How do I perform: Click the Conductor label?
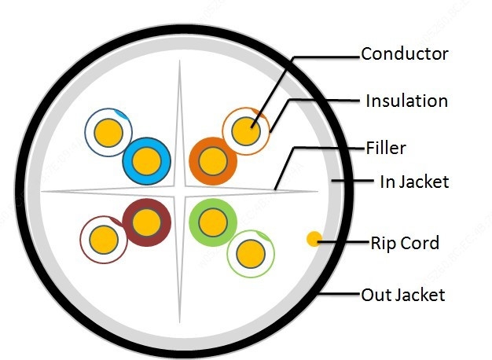point(404,53)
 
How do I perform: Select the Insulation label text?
point(406,101)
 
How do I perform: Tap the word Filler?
point(385,147)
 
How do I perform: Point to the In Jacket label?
point(413,182)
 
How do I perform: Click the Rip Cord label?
point(404,241)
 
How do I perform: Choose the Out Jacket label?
point(402,295)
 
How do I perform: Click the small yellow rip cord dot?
point(314,238)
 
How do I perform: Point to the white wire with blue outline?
point(108,133)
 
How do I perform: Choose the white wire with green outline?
point(251,252)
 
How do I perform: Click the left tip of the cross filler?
point(42,191)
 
